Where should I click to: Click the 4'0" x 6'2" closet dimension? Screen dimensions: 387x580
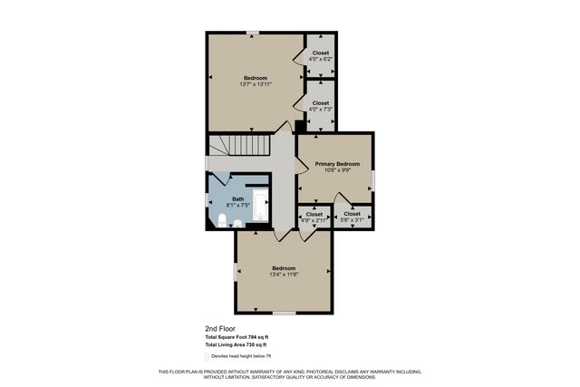pos(321,59)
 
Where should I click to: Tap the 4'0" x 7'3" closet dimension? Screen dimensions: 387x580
pos(321,110)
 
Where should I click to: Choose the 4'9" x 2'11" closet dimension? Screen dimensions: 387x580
pos(314,220)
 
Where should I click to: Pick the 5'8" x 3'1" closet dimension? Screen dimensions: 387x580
pos(352,220)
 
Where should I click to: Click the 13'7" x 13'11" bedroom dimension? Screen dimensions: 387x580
pos(256,84)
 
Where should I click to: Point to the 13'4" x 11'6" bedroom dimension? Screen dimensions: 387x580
pos(285,275)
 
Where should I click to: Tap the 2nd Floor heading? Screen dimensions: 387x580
pos(220,329)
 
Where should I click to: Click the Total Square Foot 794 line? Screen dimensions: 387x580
pos(237,337)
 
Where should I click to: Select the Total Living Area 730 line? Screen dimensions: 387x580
pos(236,345)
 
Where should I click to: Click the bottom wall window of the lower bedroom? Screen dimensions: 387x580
pos(284,313)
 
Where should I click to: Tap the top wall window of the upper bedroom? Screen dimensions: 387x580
pos(253,34)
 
